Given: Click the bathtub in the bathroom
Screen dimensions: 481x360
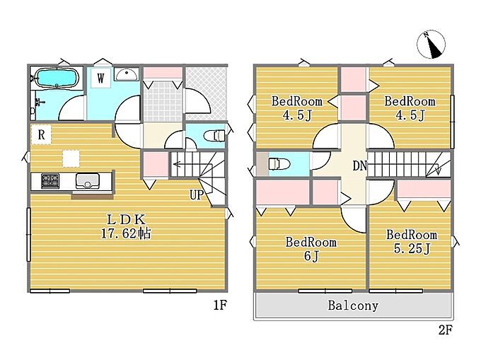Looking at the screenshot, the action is point(57,79).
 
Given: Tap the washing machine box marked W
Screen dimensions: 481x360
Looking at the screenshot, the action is point(100,79).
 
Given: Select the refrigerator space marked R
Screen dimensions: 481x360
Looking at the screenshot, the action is point(42,134).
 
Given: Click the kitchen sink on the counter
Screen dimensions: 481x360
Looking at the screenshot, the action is point(88,180).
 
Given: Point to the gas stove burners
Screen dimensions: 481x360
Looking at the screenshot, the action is point(50,180).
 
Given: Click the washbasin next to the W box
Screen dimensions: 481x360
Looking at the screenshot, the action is point(127,74).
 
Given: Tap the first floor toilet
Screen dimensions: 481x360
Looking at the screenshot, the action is point(215,135).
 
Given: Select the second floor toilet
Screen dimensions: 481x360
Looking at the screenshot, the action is point(279,164).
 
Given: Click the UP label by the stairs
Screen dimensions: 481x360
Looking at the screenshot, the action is point(197,194).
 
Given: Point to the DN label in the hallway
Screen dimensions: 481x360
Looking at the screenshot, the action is point(359,166).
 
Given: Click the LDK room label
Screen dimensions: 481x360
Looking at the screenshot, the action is point(126,219).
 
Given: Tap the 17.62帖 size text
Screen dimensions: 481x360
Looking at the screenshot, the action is point(126,233).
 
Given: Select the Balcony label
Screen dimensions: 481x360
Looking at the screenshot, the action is point(353,306).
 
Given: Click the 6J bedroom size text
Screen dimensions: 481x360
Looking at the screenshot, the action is point(311,256).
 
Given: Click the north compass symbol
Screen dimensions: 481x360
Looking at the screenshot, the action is point(431,45).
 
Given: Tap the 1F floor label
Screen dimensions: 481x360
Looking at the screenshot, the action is point(220,305).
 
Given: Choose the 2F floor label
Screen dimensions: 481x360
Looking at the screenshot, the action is point(446,330).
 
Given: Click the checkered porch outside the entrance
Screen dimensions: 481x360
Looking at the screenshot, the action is point(206,93).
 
